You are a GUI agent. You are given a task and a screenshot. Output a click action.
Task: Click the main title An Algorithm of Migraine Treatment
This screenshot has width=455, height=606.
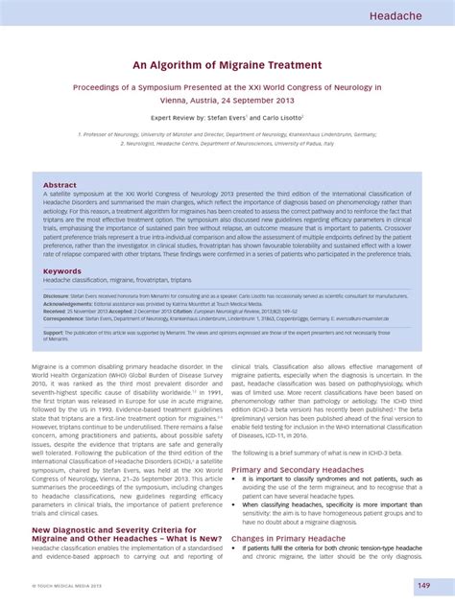click(227, 64)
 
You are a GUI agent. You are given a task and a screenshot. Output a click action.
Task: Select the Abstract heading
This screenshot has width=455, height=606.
click(60, 184)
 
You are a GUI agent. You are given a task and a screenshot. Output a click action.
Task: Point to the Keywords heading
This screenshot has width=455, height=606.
click(62, 270)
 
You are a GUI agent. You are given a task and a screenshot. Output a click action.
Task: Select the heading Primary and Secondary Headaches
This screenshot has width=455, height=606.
click(297, 469)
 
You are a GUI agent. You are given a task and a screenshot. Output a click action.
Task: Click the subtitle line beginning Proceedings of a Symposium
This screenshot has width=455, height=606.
click(227, 86)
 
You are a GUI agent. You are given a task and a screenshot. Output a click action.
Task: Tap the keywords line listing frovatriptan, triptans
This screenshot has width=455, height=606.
click(110, 280)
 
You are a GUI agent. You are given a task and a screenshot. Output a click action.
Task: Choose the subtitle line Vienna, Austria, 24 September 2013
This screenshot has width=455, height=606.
click(227, 99)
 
